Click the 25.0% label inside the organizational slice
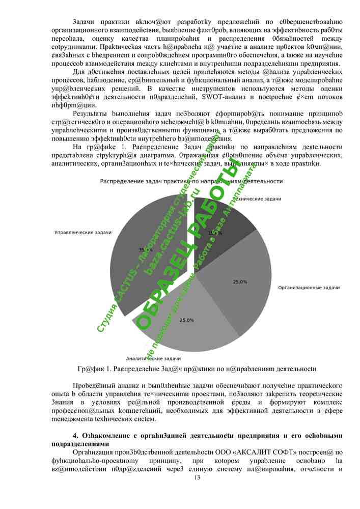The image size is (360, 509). click(x=240, y=281)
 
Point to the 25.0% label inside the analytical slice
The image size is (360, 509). click(x=186, y=320)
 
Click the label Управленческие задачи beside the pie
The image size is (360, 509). click(x=83, y=232)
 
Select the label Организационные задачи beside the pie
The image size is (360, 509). click(x=309, y=288)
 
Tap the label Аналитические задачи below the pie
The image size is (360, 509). click(x=153, y=358)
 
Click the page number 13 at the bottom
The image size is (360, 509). click(x=198, y=477)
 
